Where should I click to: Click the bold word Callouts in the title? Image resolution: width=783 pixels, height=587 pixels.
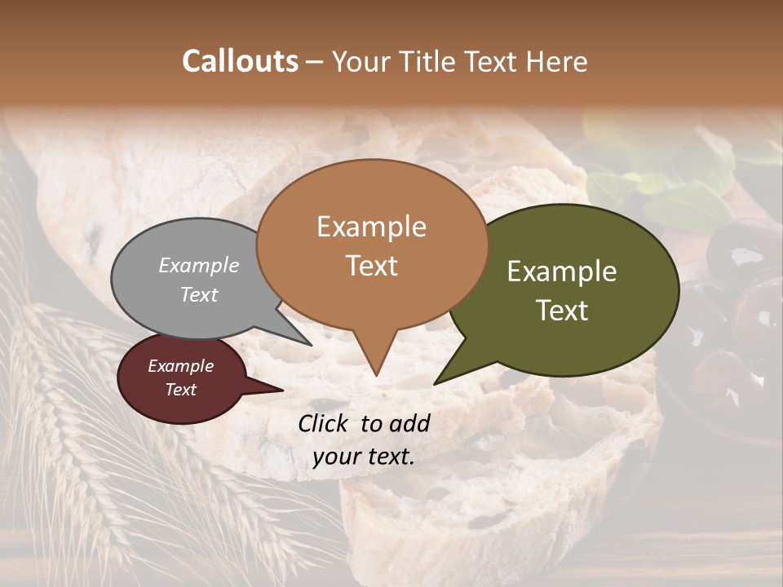pos(240,61)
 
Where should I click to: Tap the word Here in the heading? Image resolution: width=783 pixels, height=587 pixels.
pos(558,61)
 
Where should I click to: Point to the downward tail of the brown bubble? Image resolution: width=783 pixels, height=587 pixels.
pos(375,363)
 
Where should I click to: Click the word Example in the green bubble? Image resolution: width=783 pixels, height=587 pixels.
pos(562,271)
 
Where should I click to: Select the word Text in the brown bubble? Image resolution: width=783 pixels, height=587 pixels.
pos(372,266)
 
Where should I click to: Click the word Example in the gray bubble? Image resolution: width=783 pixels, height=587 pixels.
pos(199,265)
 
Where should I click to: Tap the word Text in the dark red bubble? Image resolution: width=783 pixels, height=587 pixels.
pos(181,390)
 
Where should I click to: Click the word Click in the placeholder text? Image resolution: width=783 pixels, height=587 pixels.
pos(324,423)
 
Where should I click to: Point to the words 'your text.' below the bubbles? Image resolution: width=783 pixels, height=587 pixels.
pos(363,457)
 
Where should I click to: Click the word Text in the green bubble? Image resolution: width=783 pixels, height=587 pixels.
pos(563,311)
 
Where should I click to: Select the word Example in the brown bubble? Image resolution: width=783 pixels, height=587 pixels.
pos(371,227)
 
